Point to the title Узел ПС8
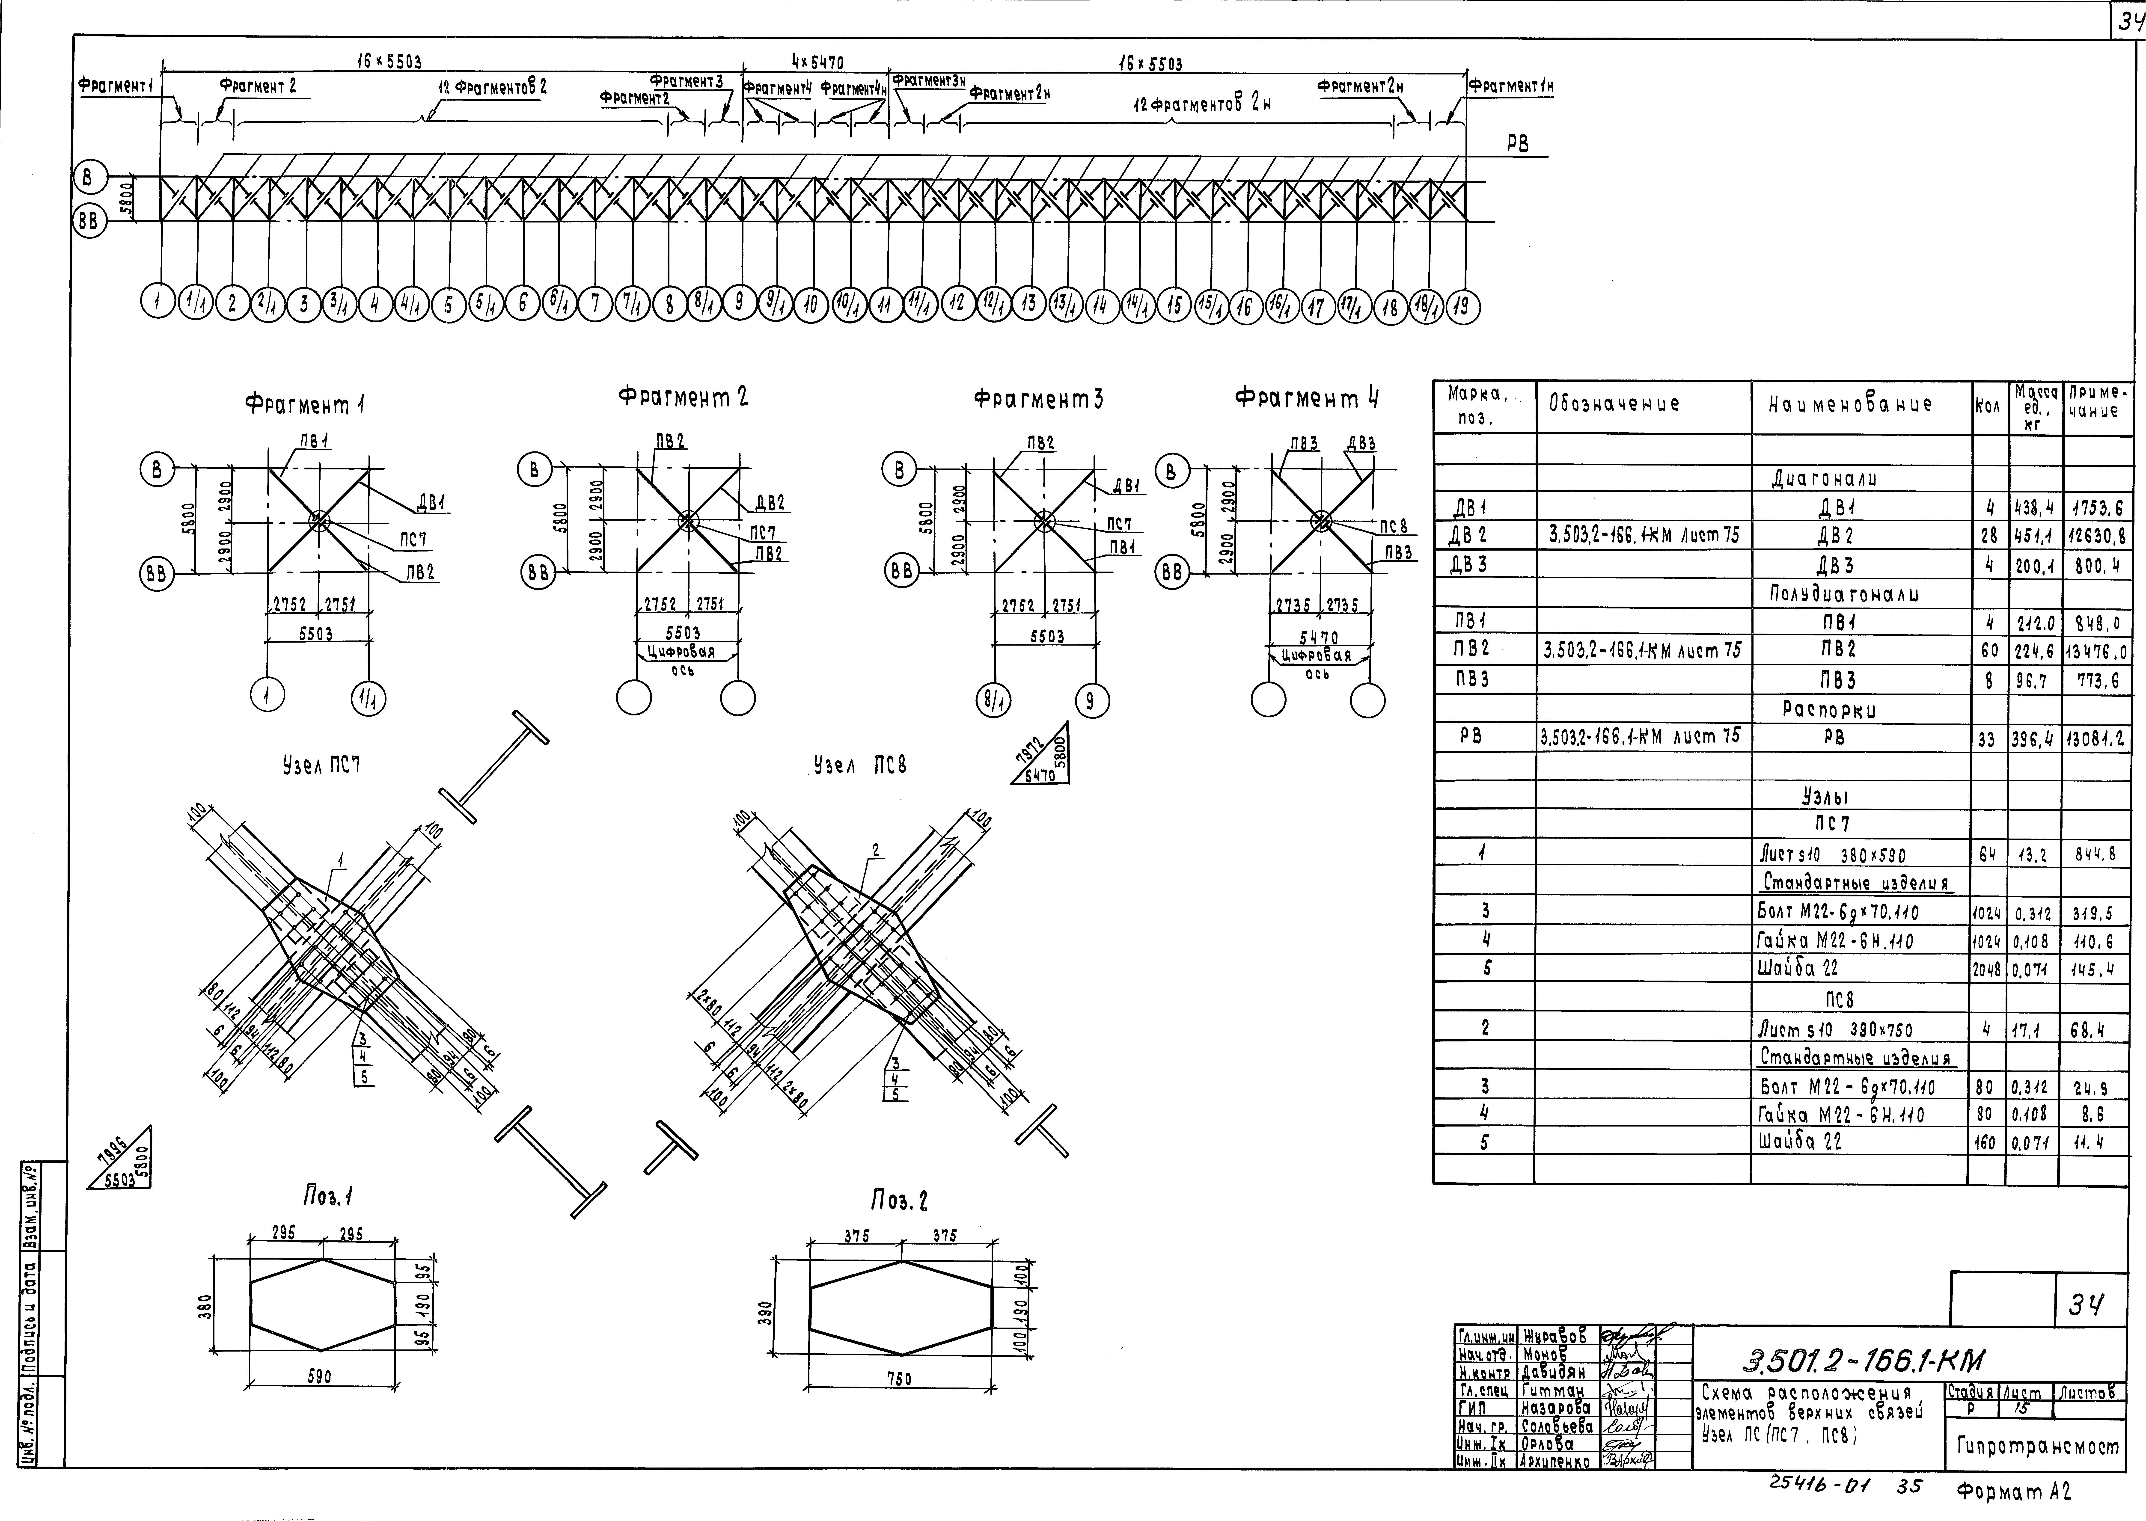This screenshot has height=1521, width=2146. tap(860, 765)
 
